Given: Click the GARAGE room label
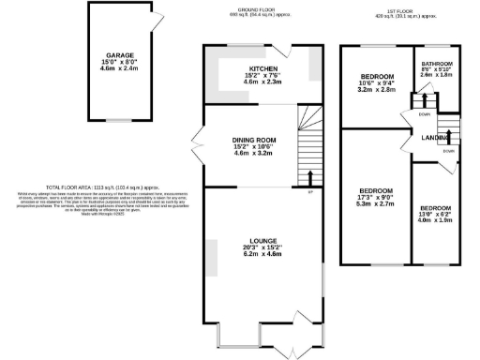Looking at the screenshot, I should [x=117, y=54].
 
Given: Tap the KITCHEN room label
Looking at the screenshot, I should [x=263, y=69].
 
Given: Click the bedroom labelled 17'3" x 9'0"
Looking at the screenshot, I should [x=374, y=191].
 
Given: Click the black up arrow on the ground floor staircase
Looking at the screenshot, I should [x=310, y=176].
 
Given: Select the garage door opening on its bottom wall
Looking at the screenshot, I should [x=117, y=120].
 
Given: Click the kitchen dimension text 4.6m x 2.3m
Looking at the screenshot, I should [x=263, y=82].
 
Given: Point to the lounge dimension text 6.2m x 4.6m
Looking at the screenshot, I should [x=263, y=254].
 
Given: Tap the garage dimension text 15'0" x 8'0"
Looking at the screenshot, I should [x=117, y=62].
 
